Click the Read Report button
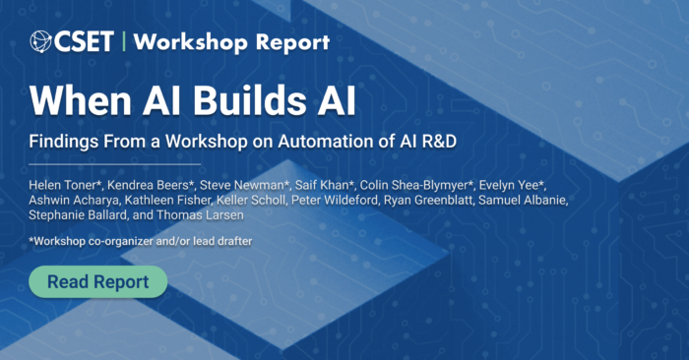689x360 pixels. tap(98, 282)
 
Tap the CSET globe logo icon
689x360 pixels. tap(42, 41)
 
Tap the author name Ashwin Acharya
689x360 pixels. tap(74, 201)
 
